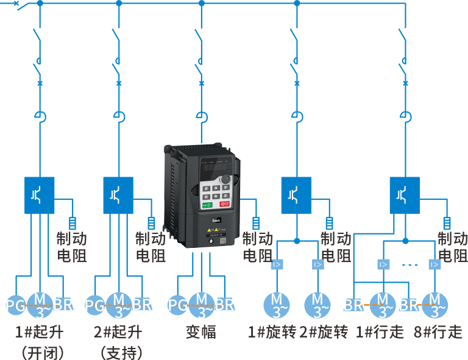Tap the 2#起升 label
(118, 332)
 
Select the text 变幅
(200, 332)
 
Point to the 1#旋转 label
(272, 332)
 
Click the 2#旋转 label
(324, 332)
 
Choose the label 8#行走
(438, 332)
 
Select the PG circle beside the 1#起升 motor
(15, 305)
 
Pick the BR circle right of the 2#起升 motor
(142, 305)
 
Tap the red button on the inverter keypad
(225, 205)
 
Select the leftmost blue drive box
(39, 195)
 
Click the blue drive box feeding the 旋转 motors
(297, 195)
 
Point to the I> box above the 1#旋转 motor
(277, 264)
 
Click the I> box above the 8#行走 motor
(434, 264)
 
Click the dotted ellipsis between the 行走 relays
(409, 265)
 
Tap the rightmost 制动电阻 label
(452, 247)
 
